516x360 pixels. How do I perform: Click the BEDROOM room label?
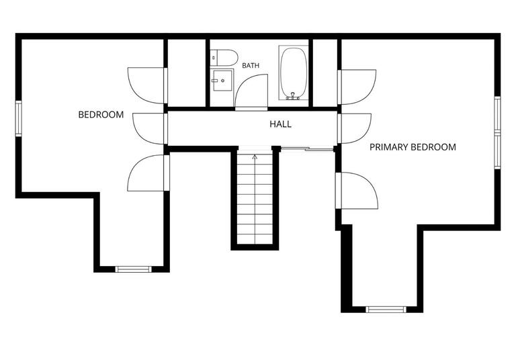click(x=101, y=115)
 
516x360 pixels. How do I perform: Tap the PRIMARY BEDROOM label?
click(x=413, y=147)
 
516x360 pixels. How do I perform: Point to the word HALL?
click(x=280, y=124)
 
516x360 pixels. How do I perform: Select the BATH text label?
click(x=251, y=65)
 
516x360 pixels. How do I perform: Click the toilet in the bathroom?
click(x=224, y=58)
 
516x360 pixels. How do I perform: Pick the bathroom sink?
click(x=222, y=80)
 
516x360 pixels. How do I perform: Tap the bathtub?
click(x=294, y=73)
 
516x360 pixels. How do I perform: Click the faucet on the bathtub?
click(x=292, y=96)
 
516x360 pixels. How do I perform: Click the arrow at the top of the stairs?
click(x=255, y=156)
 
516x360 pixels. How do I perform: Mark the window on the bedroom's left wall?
click(x=18, y=118)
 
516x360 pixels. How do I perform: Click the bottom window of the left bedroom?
click(x=133, y=269)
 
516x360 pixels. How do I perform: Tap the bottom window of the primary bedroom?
click(x=386, y=310)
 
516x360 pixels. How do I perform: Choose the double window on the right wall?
click(x=498, y=132)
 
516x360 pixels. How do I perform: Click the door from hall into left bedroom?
click(x=150, y=128)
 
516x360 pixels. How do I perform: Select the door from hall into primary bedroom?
click(x=355, y=128)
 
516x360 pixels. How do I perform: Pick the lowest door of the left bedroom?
click(x=148, y=173)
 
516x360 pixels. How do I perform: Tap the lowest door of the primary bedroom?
click(x=357, y=191)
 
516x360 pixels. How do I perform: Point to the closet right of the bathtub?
click(x=325, y=73)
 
